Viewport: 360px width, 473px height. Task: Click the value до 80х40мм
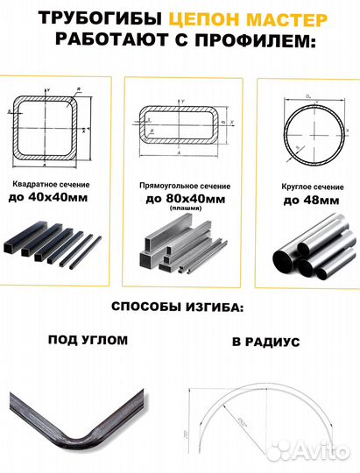click(183, 201)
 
